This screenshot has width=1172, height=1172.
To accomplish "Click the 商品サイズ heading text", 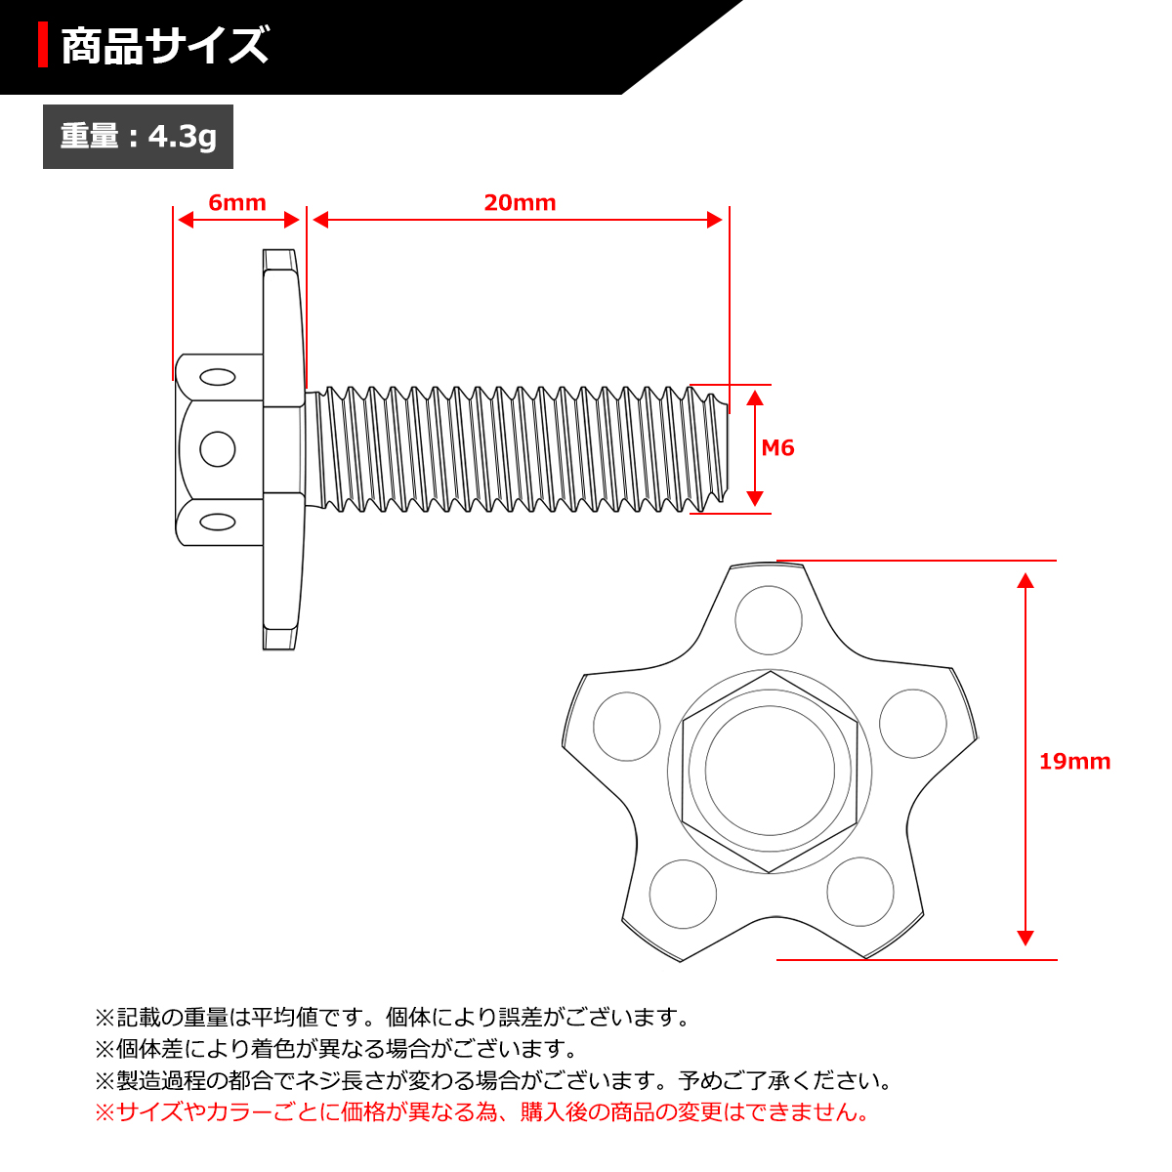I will click(x=164, y=47).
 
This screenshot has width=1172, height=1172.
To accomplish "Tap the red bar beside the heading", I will click(x=43, y=46).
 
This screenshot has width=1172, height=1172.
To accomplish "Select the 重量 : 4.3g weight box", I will click(x=138, y=137).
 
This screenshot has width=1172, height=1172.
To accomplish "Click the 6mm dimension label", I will click(x=237, y=202).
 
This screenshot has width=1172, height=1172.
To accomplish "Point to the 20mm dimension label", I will click(x=520, y=202).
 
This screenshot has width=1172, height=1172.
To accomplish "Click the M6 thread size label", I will click(x=777, y=448).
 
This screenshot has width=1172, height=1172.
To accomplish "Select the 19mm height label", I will click(x=1074, y=762).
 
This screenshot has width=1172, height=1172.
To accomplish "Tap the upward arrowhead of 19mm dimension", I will click(x=1025, y=580).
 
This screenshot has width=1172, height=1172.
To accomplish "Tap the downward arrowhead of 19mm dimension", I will click(x=1025, y=939).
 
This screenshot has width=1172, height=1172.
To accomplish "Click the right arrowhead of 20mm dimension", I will click(x=715, y=220).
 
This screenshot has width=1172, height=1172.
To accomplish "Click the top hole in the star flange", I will click(x=769, y=620).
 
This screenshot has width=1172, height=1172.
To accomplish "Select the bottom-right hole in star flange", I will click(x=860, y=891).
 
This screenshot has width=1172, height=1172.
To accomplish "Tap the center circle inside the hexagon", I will click(x=771, y=771).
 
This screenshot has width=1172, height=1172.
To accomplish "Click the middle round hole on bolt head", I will click(x=217, y=449).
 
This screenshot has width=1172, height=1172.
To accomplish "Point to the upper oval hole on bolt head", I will click(x=217, y=377).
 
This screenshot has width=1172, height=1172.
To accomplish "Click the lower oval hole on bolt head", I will click(x=217, y=522).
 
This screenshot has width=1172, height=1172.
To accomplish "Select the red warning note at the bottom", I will click(x=481, y=1112).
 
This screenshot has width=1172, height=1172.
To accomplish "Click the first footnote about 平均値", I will click(x=393, y=1018).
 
